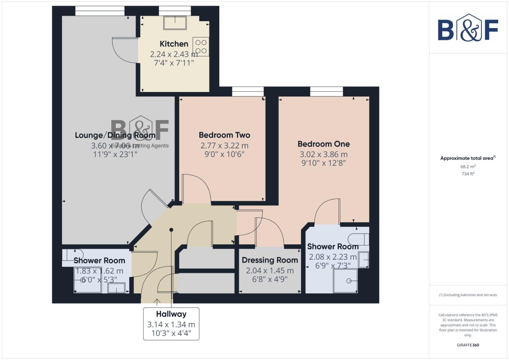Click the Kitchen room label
174,44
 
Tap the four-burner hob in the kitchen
201,47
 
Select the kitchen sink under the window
175,23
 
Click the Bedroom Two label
224,135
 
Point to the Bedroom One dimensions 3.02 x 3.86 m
323,154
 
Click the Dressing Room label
270,260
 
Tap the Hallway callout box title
171,314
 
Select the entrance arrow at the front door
157,302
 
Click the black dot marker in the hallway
171,230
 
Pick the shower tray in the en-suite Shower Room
346,281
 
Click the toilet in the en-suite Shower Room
358,239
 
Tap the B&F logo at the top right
468,28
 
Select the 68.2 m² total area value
468,167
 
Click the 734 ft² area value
468,174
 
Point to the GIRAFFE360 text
468,345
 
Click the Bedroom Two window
248,91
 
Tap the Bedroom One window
326,91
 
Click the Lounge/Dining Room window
100,11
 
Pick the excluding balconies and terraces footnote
468,295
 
